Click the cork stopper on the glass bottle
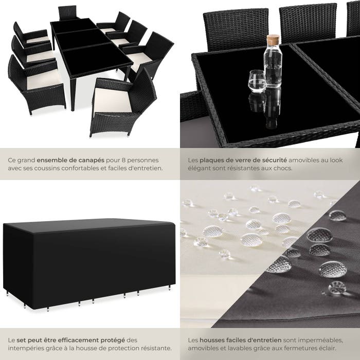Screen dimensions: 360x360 click(274, 39)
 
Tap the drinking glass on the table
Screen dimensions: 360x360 click(256, 81)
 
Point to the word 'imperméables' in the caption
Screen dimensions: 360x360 click(319, 340)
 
